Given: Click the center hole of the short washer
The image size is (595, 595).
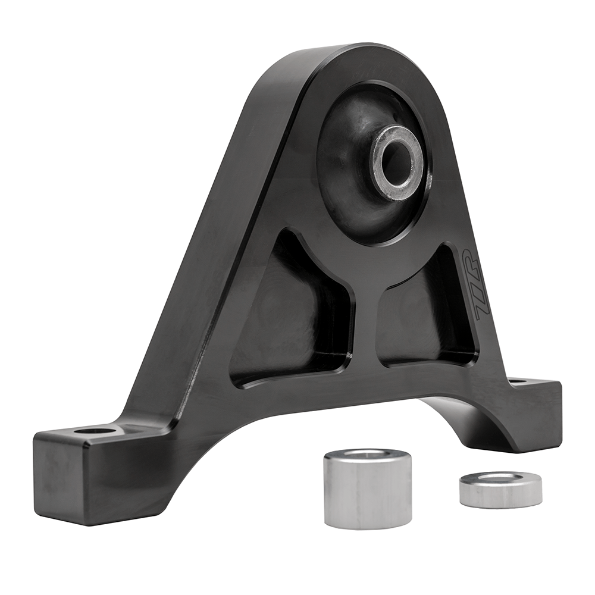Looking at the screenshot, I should [500, 477].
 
